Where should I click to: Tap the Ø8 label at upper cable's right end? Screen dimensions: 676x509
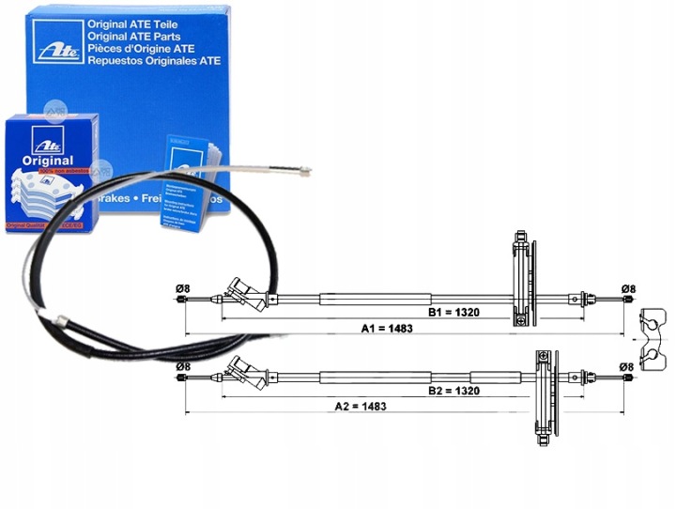pyautogui.click(x=629, y=288)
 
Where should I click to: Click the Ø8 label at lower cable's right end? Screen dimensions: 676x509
pyautogui.click(x=629, y=366)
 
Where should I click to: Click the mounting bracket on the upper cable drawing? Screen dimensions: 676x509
pyautogui.click(x=522, y=278)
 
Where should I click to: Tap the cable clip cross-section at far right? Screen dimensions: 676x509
pyautogui.click(x=654, y=336)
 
